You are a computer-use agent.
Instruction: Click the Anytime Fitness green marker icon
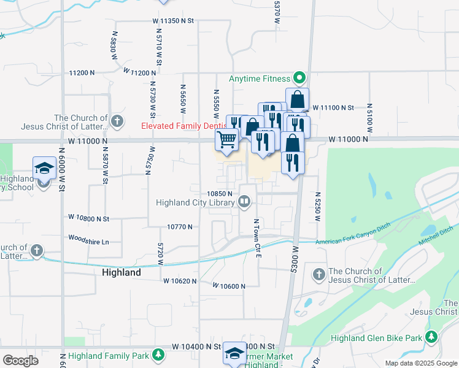299,79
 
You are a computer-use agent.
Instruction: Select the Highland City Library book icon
244,201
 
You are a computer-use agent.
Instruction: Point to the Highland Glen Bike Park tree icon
432,337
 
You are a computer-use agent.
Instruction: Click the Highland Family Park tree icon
158,355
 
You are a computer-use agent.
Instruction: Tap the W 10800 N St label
88,218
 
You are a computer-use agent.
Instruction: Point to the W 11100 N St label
333,107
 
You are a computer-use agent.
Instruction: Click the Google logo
21,361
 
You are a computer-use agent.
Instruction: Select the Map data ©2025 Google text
421,363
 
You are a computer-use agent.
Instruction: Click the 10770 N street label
180,226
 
